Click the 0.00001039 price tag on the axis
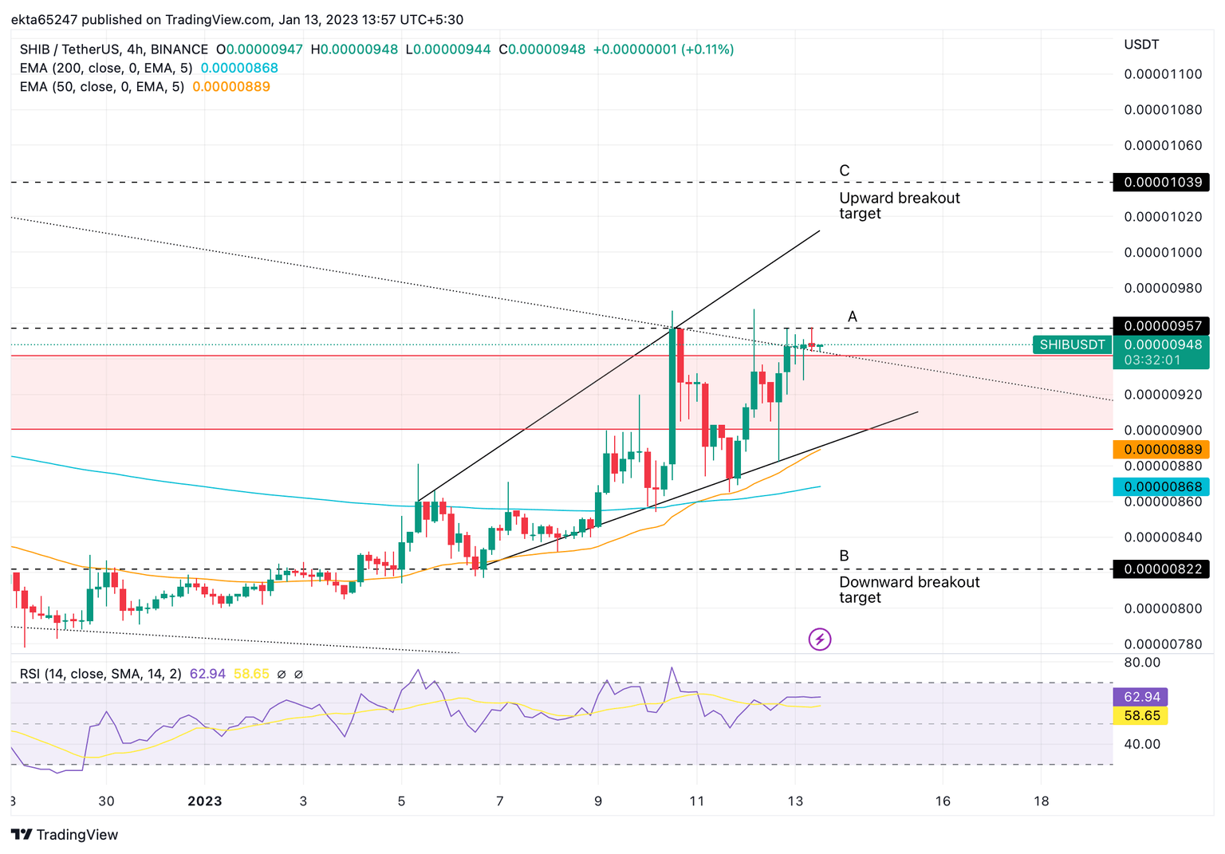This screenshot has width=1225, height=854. [x=1160, y=183]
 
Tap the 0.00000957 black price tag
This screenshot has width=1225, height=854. [x=1160, y=326]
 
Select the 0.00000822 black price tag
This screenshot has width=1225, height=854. [x=1160, y=569]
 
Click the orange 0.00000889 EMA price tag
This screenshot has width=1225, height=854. [x=1160, y=450]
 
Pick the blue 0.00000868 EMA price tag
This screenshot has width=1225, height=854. [x=1160, y=486]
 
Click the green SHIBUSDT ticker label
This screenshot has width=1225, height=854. [x=1072, y=344]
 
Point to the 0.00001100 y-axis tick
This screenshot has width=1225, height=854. [x=1162, y=74]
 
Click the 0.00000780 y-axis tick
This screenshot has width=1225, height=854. [x=1162, y=643]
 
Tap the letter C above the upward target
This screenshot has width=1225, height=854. [x=844, y=171]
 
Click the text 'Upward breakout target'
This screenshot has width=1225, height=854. [x=899, y=206]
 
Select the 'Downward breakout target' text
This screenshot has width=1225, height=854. [x=908, y=590]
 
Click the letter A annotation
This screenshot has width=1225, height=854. [x=852, y=317]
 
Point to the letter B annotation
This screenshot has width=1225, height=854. [x=844, y=556]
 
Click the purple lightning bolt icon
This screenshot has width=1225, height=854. [x=820, y=639]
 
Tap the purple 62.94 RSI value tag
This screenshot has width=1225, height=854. [x=1140, y=697]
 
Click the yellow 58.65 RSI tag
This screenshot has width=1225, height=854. [x=1140, y=715]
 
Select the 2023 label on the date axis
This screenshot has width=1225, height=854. [x=204, y=801]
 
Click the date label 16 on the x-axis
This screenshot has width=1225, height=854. [x=942, y=801]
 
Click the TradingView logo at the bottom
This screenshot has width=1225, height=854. [x=65, y=834]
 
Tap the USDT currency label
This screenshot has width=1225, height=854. [x=1140, y=45]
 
